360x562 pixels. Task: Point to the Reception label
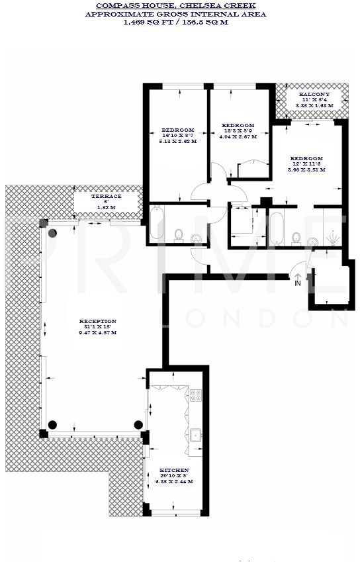[x=97, y=322]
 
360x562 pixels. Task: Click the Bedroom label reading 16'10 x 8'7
[x=178, y=130]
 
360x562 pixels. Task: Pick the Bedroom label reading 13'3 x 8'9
[x=238, y=126]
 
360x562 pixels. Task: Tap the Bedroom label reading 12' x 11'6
[x=306, y=159]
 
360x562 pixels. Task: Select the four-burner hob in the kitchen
[x=196, y=396]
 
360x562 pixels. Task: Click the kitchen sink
[x=195, y=436]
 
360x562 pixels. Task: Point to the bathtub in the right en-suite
[x=277, y=228]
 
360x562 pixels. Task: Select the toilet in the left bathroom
[x=178, y=235]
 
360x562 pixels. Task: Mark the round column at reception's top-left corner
[x=52, y=232]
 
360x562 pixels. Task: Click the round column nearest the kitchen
[x=139, y=424]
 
